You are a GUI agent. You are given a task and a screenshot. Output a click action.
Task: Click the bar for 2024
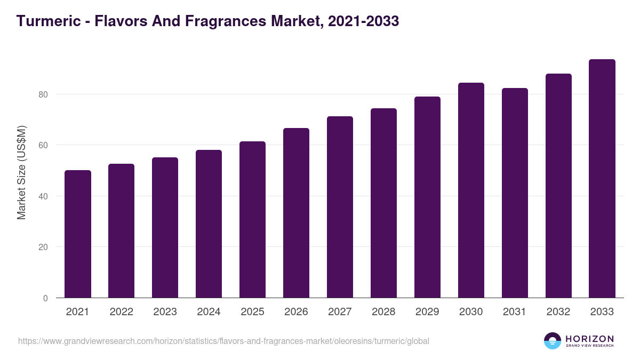pyautogui.click(x=209, y=224)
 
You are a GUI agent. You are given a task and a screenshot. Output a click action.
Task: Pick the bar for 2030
pyautogui.click(x=471, y=190)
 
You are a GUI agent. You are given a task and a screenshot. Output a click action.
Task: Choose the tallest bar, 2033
pyautogui.click(x=602, y=179)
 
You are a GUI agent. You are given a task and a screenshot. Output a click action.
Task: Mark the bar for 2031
pyautogui.click(x=515, y=193)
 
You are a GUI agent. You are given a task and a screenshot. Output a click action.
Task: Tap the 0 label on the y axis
pyautogui.click(x=45, y=298)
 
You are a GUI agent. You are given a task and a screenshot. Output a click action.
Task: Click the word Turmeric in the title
pyautogui.click(x=45, y=21)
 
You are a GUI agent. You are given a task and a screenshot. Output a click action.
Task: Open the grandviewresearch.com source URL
pyautogui.click(x=223, y=341)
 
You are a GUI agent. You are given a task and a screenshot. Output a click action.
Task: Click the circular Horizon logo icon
pyautogui.click(x=553, y=341)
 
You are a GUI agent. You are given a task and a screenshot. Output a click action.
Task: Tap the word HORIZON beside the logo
pyautogui.click(x=589, y=338)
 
